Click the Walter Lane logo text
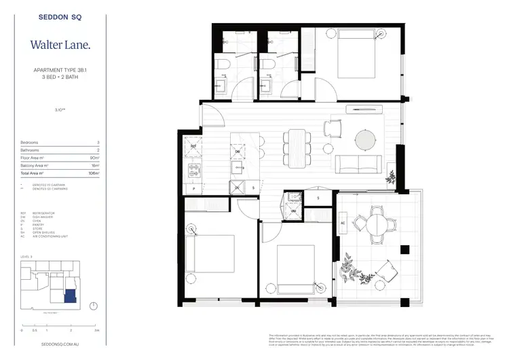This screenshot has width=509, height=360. point(59,45)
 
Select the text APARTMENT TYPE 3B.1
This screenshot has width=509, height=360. point(59,70)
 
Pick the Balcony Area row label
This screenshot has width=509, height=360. point(35,165)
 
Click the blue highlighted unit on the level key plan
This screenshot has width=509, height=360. point(69,294)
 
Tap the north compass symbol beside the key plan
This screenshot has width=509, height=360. point(93,306)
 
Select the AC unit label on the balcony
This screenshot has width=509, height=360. point(343,222)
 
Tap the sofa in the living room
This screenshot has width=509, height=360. point(358,164)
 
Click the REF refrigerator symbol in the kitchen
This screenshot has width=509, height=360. point(193,145)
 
